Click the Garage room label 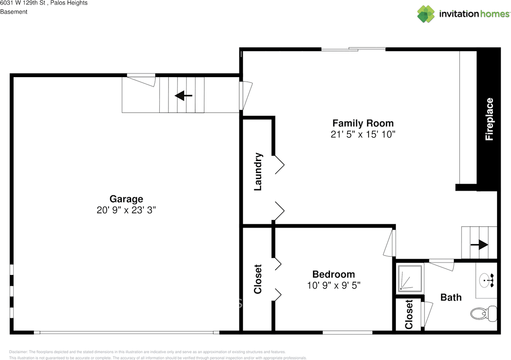[x=126, y=199]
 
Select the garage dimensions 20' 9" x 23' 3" [x=126, y=210]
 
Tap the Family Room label [x=363, y=123]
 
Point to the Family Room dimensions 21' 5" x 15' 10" [x=363, y=135]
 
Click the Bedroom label [x=333, y=274]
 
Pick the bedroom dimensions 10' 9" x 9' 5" [x=333, y=286]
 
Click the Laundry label [x=258, y=171]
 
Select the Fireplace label [x=489, y=119]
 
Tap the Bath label [x=451, y=297]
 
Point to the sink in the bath [x=487, y=280]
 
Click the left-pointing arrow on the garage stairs [x=184, y=95]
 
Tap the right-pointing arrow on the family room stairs [x=479, y=245]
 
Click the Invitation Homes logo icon [x=426, y=14]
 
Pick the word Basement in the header [x=14, y=12]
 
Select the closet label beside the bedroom [x=258, y=279]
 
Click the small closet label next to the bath [x=409, y=314]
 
